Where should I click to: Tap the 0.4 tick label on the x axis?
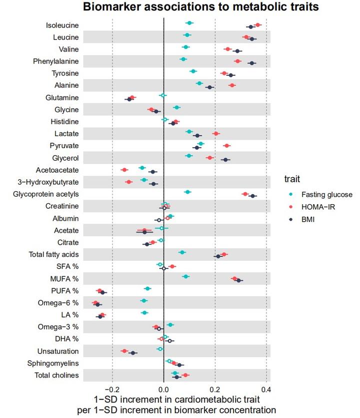266,389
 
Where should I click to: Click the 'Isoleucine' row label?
62,26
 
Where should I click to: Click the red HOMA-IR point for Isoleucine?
258,25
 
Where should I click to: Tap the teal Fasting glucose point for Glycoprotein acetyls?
188,192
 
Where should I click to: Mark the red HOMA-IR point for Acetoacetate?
124,170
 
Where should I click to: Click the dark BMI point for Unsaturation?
133,353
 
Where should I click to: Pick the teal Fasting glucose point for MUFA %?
186,276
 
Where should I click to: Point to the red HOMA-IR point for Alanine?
232,86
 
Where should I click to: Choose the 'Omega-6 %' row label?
58,303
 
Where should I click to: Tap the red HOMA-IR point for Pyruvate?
226,146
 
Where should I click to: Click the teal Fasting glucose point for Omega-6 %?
144,301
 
